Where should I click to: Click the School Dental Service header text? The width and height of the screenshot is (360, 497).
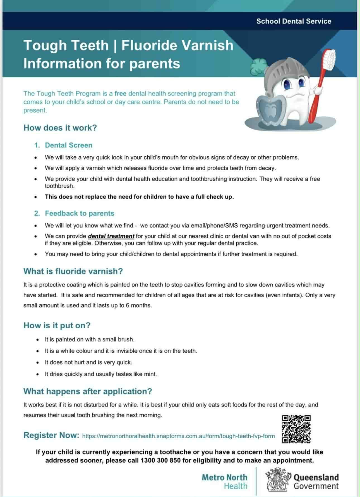(294, 21)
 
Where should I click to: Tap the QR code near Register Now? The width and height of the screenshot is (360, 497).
(296, 429)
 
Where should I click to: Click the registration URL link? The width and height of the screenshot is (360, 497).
(178, 436)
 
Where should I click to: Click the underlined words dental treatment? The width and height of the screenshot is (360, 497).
(111, 236)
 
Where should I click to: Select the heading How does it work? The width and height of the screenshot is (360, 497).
(60, 128)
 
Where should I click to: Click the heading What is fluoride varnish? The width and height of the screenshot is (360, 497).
(73, 271)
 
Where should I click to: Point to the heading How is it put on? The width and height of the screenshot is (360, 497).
(57, 325)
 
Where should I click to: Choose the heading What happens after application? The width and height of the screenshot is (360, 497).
(88, 391)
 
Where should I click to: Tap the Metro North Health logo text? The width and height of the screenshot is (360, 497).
(224, 482)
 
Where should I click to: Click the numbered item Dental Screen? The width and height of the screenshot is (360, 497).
(68, 145)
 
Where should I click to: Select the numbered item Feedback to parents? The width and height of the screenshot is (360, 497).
(80, 213)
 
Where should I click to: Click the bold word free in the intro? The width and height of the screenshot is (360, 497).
(120, 94)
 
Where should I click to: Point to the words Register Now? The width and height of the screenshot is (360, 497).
(51, 435)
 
